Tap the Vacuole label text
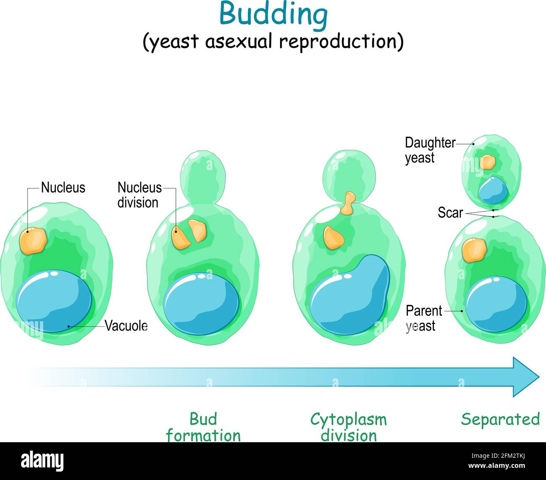click(126, 325)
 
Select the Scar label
click(450, 212)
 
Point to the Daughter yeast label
click(430, 150)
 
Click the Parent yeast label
click(424, 318)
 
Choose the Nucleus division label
click(139, 195)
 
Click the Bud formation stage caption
click(203, 427)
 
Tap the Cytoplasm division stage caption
click(349, 427)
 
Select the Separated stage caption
click(501, 420)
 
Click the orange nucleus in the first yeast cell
click(33, 241)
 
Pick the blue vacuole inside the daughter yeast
click(493, 190)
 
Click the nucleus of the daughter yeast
click(488, 162)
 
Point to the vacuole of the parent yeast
click(496, 304)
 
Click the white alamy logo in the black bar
click(42, 461)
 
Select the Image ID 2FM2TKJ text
click(498, 456)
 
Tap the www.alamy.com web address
click(497, 465)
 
